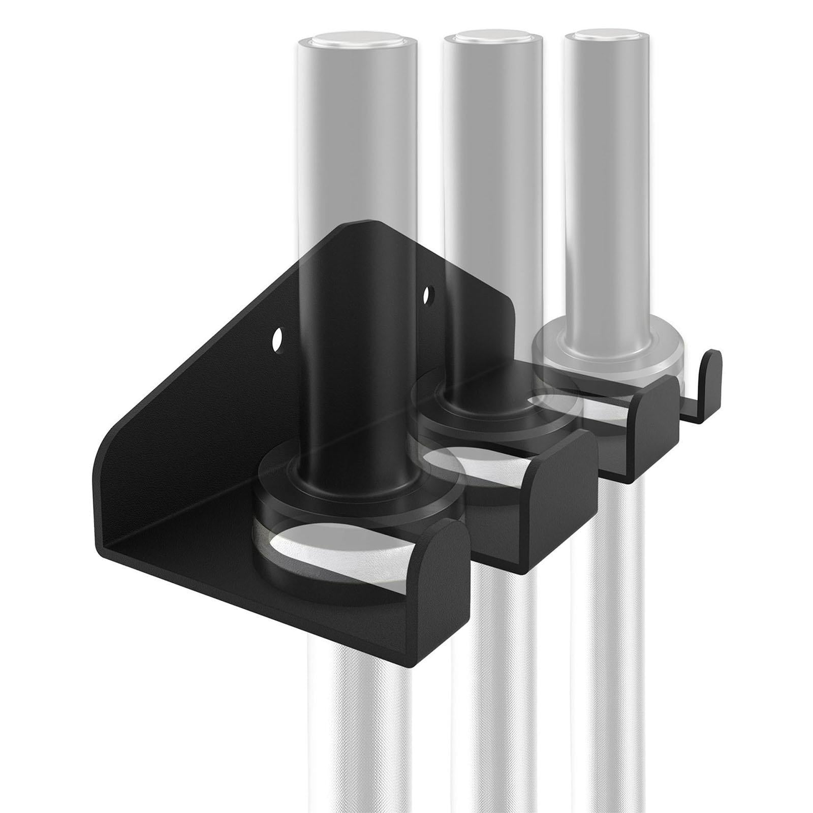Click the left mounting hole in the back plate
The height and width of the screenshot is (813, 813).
[x=277, y=338]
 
